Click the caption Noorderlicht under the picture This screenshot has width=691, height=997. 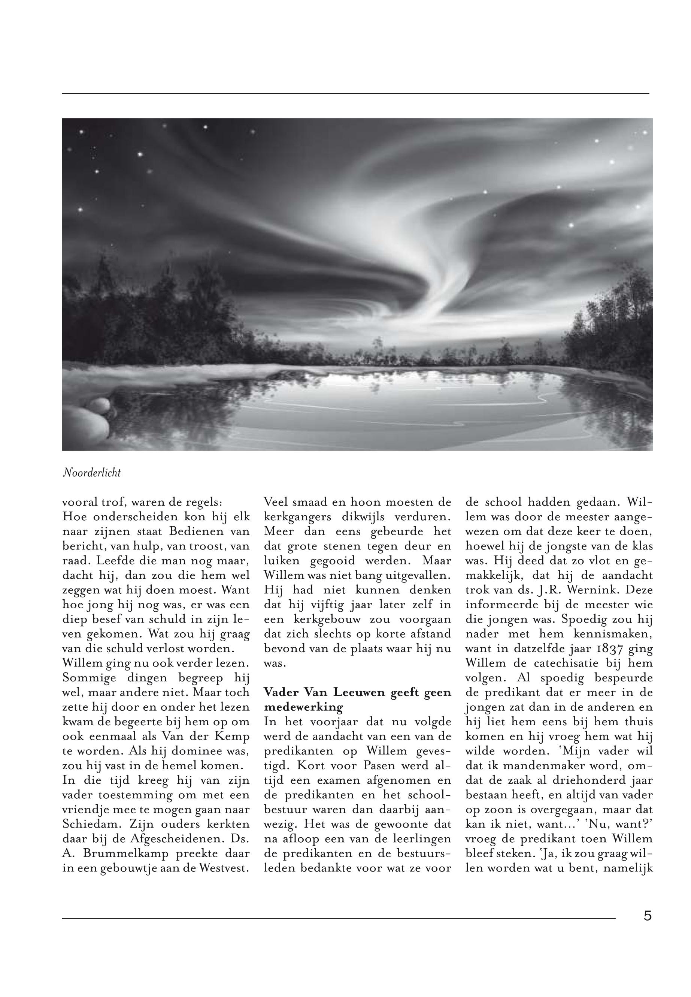[91, 473]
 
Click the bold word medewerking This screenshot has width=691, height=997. [303, 707]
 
